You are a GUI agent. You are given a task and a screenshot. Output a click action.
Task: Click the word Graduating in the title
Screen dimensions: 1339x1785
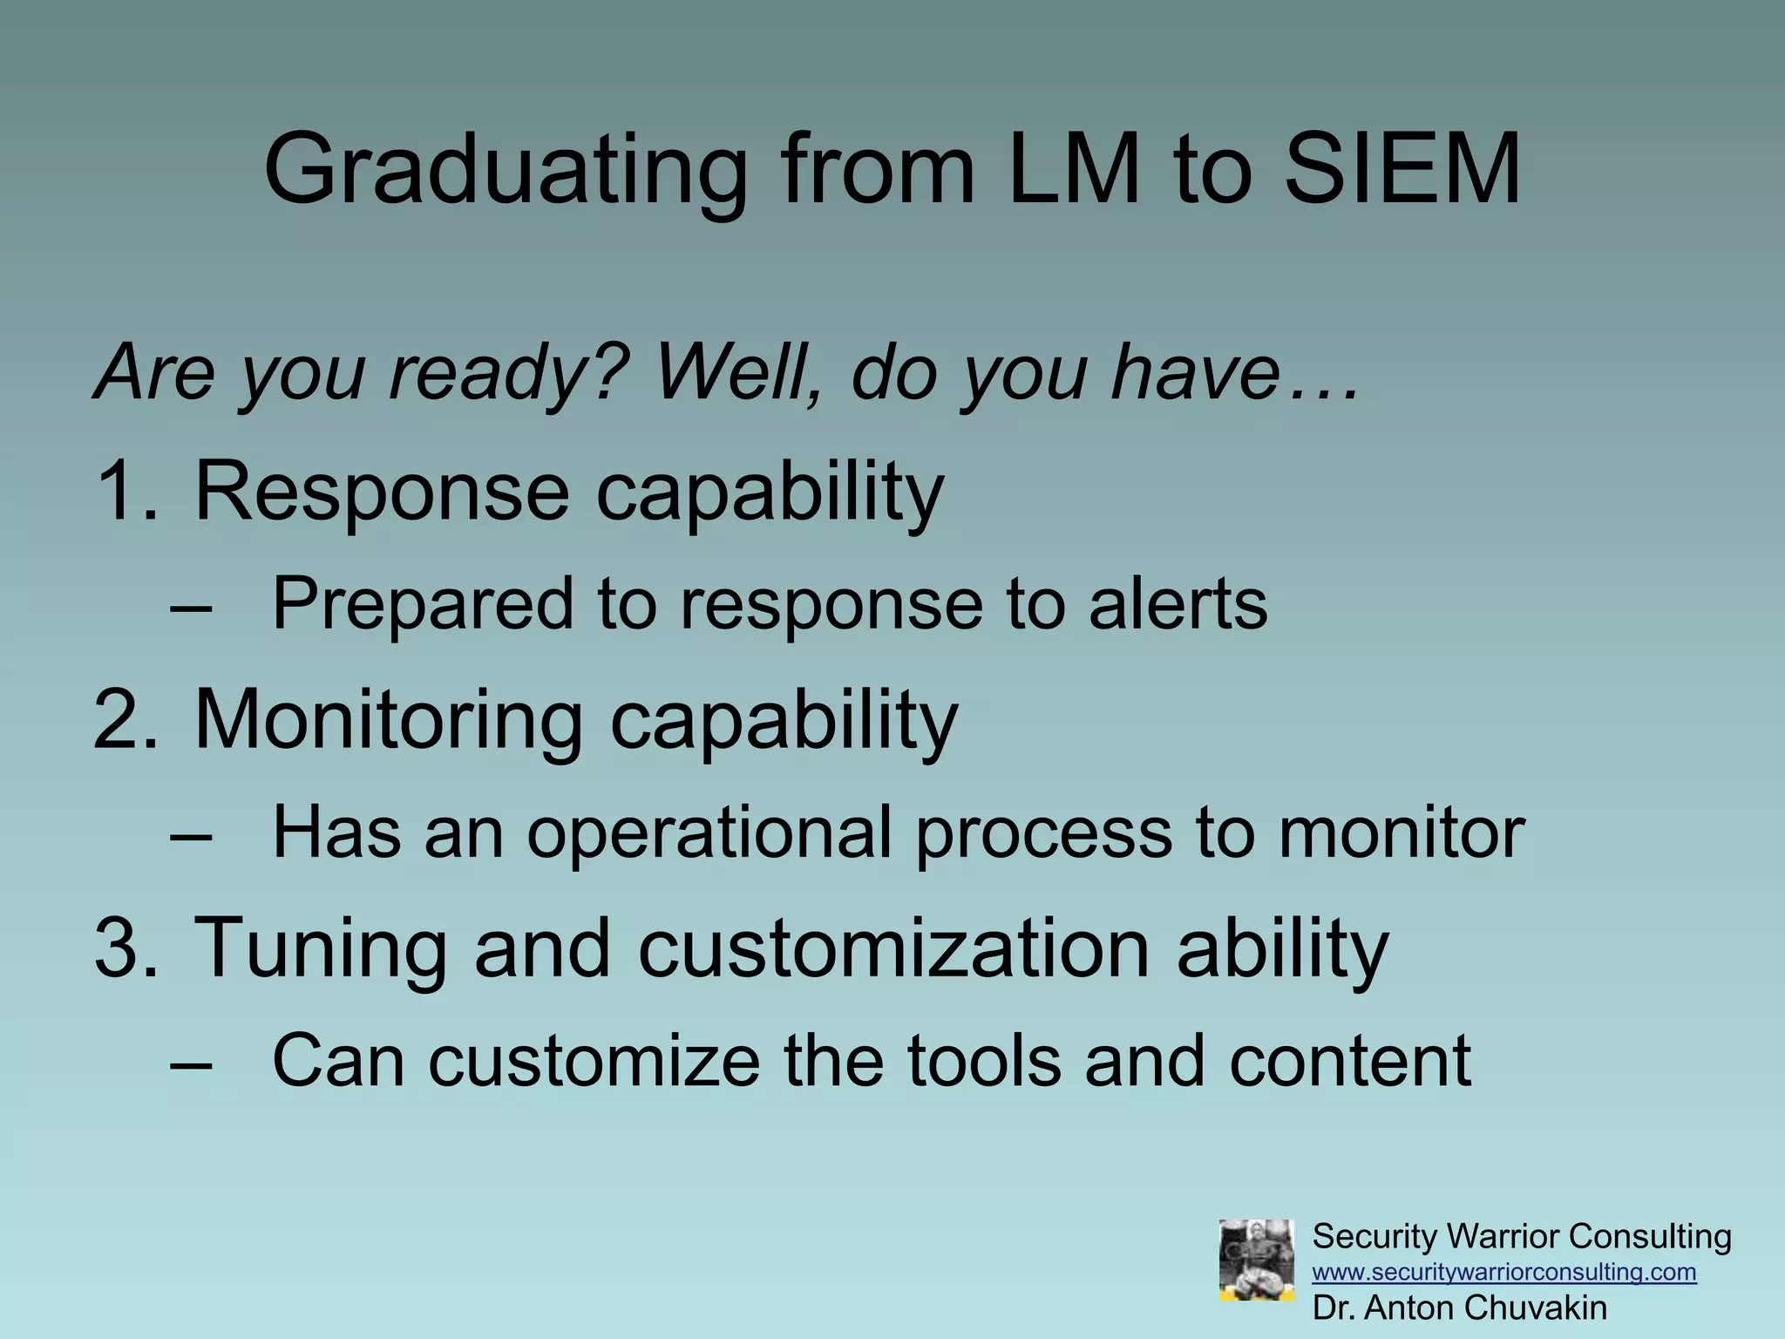(506, 170)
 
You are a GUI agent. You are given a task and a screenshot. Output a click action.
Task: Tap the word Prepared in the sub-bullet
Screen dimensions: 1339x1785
(423, 605)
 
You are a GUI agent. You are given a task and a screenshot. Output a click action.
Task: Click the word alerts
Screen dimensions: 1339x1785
(1178, 605)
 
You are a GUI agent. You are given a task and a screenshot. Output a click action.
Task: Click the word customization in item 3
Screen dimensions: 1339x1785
(893, 948)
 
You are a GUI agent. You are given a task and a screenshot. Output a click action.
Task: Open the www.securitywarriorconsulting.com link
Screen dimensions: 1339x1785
(1504, 1272)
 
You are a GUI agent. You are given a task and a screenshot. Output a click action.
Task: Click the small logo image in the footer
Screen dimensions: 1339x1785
(1256, 1260)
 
